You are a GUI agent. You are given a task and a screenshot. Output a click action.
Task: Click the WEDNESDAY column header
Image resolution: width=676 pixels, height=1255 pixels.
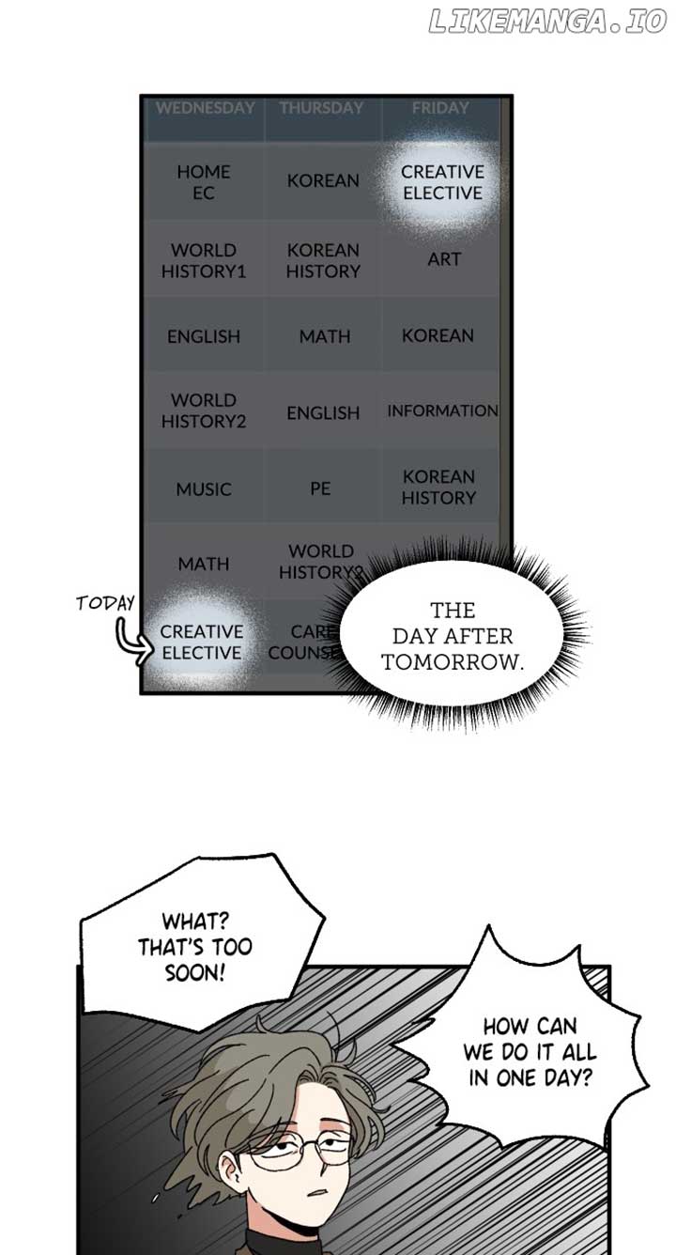tap(205, 108)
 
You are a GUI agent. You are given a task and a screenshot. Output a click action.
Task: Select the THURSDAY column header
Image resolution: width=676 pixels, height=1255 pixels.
tap(321, 108)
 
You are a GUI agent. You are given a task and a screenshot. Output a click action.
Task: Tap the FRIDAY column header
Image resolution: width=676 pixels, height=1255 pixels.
tap(439, 108)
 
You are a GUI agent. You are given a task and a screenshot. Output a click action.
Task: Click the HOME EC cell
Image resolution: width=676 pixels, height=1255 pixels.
tap(204, 182)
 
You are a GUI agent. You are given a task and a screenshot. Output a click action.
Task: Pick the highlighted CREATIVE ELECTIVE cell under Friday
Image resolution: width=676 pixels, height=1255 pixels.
tap(441, 182)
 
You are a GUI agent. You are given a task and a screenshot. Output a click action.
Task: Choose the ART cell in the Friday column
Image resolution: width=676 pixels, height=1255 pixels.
tap(444, 258)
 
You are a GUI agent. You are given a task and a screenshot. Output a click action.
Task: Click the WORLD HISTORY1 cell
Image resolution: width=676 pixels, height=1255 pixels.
tap(204, 260)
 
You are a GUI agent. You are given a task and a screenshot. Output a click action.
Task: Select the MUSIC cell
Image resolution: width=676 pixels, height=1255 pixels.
tap(204, 489)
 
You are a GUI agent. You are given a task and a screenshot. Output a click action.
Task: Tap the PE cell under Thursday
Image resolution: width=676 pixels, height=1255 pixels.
tap(320, 488)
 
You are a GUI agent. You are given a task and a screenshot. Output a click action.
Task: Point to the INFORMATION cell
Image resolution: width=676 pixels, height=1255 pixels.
tap(442, 411)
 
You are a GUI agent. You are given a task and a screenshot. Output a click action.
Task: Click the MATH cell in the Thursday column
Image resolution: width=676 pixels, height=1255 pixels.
tap(324, 335)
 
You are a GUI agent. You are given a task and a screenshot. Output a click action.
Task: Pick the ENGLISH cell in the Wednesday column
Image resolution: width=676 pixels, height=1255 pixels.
tap(204, 336)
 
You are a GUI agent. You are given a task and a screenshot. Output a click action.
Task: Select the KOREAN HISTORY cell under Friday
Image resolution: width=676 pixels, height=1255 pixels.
tap(438, 488)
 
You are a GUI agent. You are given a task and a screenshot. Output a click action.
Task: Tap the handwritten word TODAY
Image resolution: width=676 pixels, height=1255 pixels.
tap(106, 603)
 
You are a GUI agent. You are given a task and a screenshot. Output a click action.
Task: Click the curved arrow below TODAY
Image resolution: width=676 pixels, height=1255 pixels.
tap(131, 639)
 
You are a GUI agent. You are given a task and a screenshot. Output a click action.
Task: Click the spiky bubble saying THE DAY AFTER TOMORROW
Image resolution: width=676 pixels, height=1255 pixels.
tap(453, 635)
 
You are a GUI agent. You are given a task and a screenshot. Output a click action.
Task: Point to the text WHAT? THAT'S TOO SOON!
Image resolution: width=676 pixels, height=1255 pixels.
tap(195, 946)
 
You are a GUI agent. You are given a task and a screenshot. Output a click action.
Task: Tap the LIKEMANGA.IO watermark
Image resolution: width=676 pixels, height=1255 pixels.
tap(546, 23)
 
